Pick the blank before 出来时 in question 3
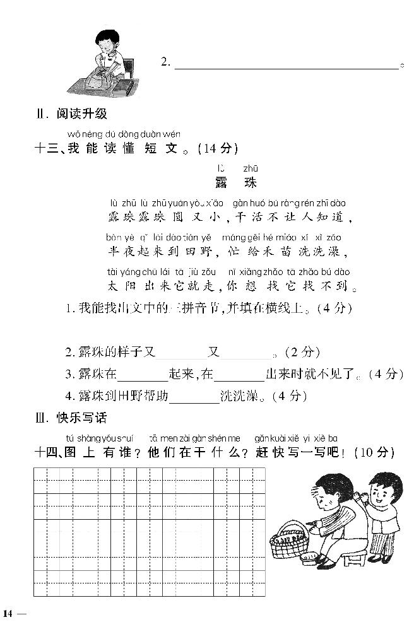coord(239,375)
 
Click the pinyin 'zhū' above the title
coord(251,168)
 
